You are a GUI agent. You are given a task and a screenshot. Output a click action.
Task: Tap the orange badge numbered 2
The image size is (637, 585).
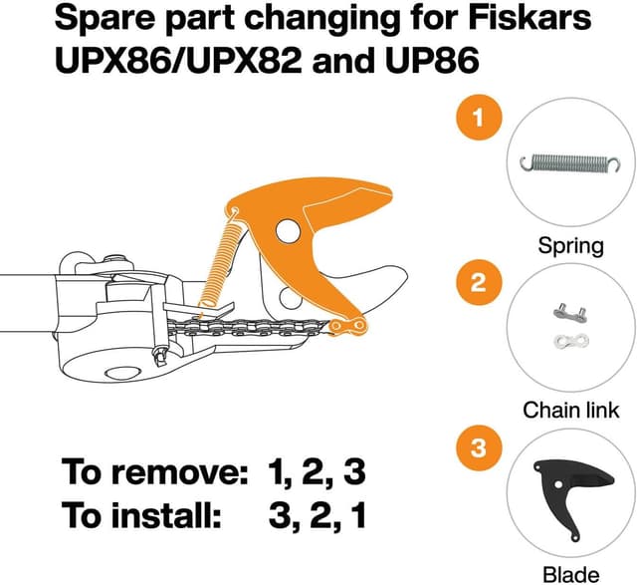[479, 283]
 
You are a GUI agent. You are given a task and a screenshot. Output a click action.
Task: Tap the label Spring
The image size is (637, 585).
[571, 246]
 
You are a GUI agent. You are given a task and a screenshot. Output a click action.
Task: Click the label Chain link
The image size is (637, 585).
[571, 410]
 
